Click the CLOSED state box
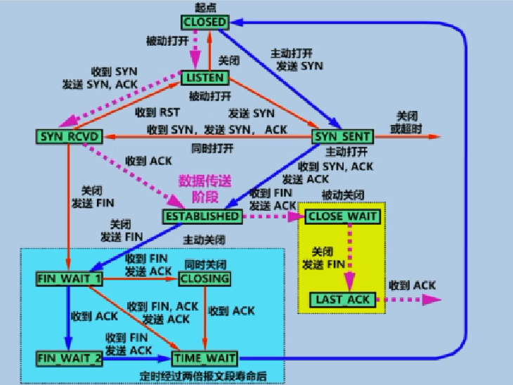[205, 22]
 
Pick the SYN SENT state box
[342, 136]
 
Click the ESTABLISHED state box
[202, 216]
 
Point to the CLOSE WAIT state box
[343, 216]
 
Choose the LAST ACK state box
[343, 300]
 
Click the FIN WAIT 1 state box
[69, 278]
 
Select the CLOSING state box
[204, 278]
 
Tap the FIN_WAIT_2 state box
[69, 358]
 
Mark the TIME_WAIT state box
[204, 358]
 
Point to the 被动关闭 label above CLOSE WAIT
[343, 194]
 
